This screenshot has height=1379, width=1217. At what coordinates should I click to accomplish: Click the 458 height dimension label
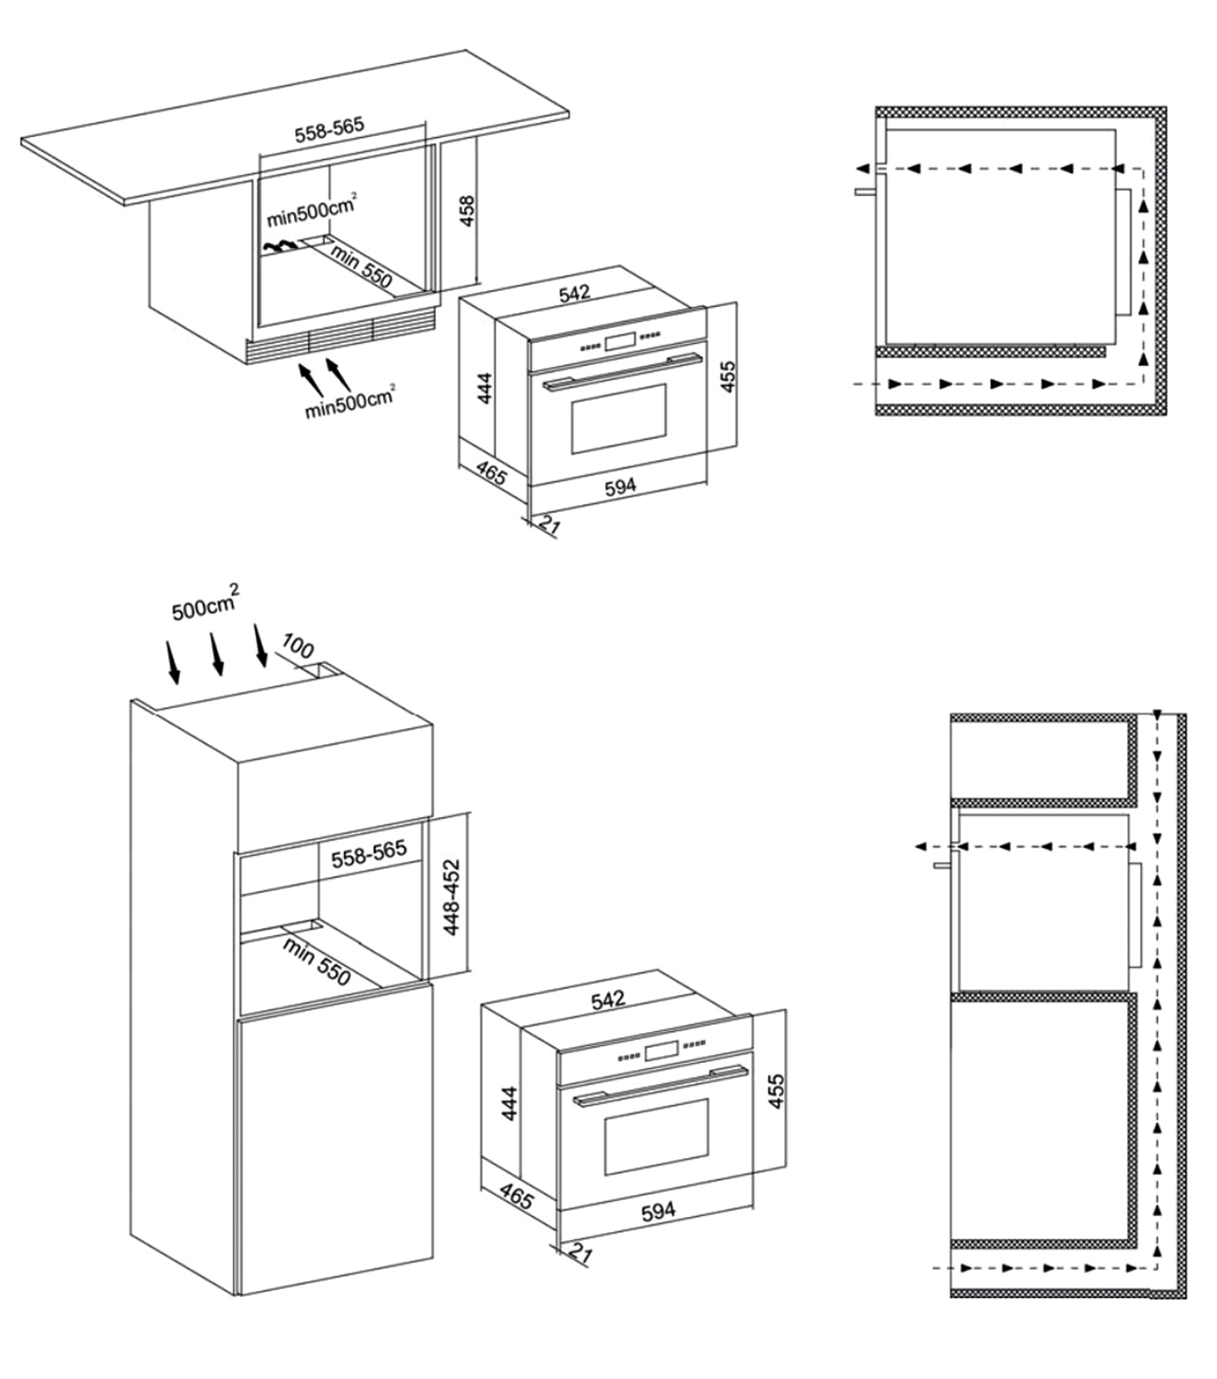468,211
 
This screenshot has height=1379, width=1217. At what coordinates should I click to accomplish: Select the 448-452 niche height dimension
452,897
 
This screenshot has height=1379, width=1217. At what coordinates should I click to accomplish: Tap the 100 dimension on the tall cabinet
297,646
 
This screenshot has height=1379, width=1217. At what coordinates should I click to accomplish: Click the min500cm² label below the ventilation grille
349,401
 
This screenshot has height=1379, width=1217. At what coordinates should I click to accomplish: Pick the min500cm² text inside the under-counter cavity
312,210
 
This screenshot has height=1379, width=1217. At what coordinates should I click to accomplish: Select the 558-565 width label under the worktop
329,129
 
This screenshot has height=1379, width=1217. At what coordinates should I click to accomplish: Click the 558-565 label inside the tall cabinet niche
369,854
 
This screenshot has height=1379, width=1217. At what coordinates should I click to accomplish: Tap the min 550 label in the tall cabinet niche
316,961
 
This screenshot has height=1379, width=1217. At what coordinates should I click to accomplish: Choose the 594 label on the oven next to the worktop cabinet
620,486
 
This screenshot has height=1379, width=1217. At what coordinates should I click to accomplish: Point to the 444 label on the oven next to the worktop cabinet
485,387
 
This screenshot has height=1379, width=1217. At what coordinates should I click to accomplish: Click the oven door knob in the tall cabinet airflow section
943,865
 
